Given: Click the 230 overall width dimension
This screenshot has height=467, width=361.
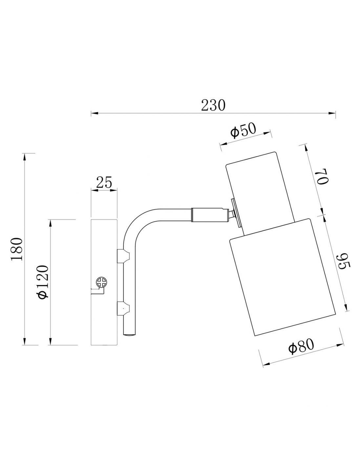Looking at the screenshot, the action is [x=213, y=105].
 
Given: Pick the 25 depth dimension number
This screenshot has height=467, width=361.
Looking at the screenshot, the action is [x=104, y=182].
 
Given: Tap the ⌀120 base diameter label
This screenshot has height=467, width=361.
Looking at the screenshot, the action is [x=42, y=282].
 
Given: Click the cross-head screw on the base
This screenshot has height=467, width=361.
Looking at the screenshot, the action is [x=102, y=282].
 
